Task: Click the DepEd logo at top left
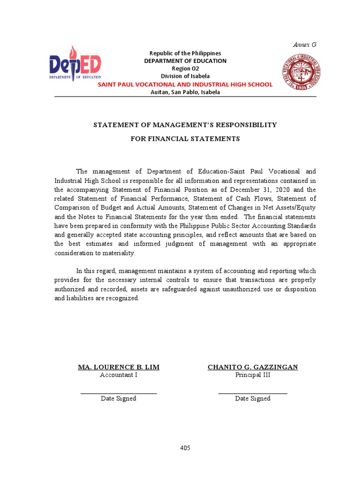click(x=75, y=65)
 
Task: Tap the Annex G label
click(x=305, y=45)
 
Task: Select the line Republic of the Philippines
click(x=185, y=53)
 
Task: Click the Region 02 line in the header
click(x=185, y=68)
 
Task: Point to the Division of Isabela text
click(x=185, y=76)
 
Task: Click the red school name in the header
click(x=185, y=84)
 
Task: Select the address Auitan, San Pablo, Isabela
click(x=185, y=92)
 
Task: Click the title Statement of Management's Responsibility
click(x=185, y=125)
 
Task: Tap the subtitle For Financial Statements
click(x=185, y=139)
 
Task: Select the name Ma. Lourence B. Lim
click(x=119, y=367)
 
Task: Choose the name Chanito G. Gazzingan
click(x=253, y=367)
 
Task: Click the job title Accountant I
click(x=119, y=375)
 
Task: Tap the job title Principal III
click(x=253, y=375)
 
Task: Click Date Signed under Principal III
click(x=253, y=398)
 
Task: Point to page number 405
click(x=185, y=448)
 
